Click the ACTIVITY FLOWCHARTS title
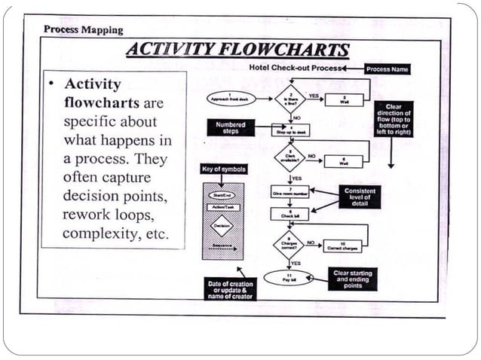(x=237, y=50)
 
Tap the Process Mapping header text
(x=83, y=29)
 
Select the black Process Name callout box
(x=387, y=69)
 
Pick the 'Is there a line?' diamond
(x=290, y=99)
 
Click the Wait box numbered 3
(x=344, y=99)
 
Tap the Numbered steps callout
(x=231, y=127)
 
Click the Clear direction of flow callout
(x=394, y=119)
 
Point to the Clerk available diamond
(x=290, y=158)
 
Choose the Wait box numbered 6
(x=344, y=161)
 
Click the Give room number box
(x=290, y=191)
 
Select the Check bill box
(x=290, y=214)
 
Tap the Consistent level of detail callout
(x=360, y=197)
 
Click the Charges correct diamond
(x=290, y=245)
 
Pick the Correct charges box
(x=344, y=246)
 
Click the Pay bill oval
(x=287, y=277)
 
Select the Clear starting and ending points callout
(x=352, y=279)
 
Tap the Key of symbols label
(x=224, y=169)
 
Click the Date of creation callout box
(x=231, y=289)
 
